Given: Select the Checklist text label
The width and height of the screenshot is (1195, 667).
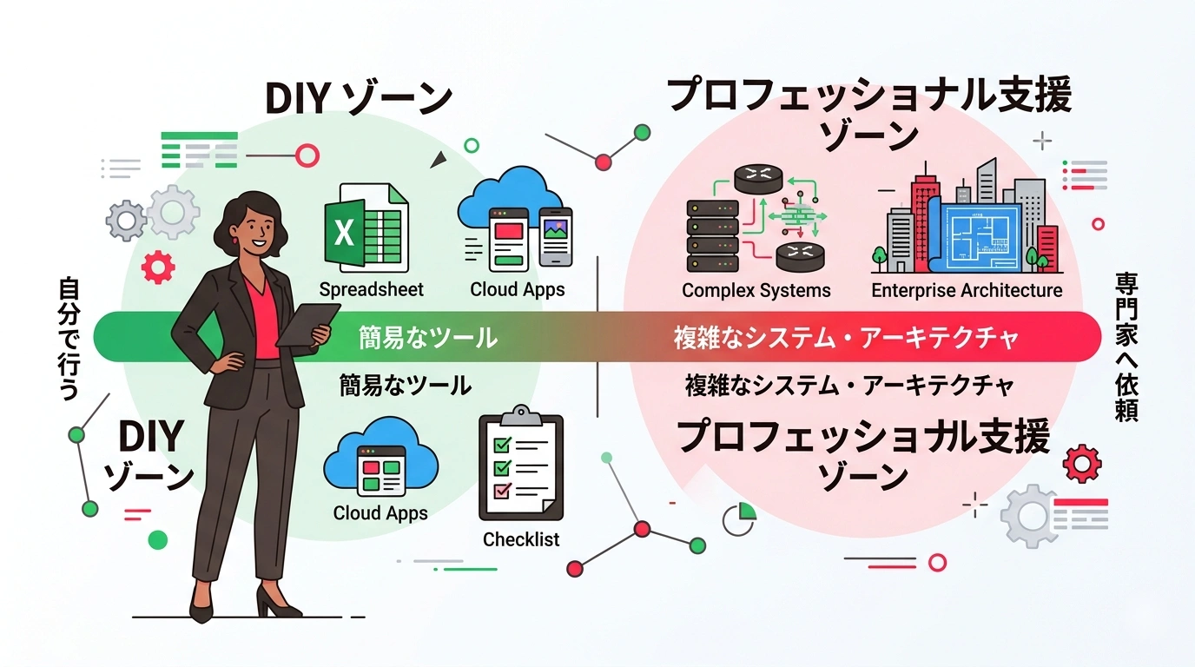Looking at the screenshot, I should click(521, 539).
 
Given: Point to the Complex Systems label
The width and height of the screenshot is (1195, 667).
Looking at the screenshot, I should click(756, 290).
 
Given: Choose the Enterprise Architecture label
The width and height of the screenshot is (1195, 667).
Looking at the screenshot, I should click(967, 290).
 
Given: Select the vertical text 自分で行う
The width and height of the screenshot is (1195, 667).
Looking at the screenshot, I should click(69, 338).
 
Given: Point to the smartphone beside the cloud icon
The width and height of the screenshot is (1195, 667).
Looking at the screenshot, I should click(556, 236).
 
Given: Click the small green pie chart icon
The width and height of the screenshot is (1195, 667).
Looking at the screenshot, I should click(739, 518).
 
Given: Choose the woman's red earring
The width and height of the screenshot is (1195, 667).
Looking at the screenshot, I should click(234, 239).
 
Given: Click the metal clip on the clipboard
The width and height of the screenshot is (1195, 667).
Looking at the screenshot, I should click(521, 415).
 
